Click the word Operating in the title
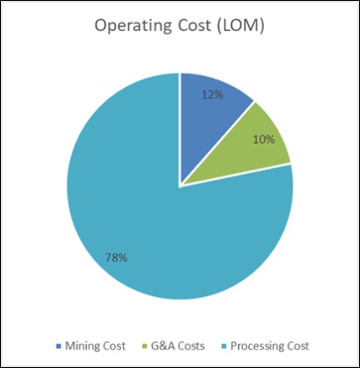point(133,26)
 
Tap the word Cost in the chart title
point(194,25)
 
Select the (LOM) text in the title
point(240,26)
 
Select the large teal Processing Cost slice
point(156,212)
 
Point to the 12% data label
point(212,95)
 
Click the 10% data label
point(264,139)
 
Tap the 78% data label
point(116,258)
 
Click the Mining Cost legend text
point(95,345)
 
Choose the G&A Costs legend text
point(178,345)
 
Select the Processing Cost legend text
point(270,345)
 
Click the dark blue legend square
point(58,345)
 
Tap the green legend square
point(145,345)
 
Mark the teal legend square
point(224,345)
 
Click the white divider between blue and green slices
point(218,143)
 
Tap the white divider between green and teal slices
point(236,174)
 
